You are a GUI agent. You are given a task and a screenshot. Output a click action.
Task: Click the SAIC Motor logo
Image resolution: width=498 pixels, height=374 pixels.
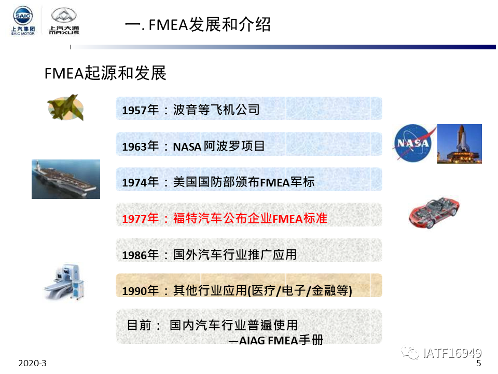click(x=23, y=20)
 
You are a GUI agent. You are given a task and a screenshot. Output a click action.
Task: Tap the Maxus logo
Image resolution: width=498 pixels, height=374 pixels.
click(x=64, y=21)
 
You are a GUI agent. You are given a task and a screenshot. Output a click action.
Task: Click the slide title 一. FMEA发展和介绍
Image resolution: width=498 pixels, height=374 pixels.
click(x=198, y=24)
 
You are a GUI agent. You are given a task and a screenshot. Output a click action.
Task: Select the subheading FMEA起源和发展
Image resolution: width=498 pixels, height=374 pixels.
click(x=105, y=73)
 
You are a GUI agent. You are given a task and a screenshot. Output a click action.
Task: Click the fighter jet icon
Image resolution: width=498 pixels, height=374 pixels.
click(x=66, y=108)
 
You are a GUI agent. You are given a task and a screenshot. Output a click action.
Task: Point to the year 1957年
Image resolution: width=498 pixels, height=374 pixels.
click(x=141, y=110)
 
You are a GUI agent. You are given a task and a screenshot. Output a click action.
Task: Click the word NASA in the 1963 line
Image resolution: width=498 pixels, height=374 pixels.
click(x=187, y=146)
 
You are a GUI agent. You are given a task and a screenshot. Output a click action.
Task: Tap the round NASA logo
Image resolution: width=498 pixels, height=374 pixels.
click(x=414, y=143)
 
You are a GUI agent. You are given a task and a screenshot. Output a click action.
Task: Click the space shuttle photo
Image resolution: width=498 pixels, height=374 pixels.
click(x=459, y=144)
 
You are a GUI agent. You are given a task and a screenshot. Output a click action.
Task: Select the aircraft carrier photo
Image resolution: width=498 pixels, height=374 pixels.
click(x=66, y=179)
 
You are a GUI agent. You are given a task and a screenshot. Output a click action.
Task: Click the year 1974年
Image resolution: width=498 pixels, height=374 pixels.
click(x=141, y=182)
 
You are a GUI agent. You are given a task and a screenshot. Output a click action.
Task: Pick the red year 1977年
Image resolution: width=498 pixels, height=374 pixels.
click(x=141, y=219)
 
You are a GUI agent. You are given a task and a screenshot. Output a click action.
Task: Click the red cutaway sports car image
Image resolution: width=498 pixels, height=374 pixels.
click(x=434, y=212)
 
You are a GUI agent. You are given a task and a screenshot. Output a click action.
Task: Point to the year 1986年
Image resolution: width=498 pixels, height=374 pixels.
click(x=141, y=255)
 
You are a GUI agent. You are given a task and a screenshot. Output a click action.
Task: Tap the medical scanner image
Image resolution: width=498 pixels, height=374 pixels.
click(x=64, y=282)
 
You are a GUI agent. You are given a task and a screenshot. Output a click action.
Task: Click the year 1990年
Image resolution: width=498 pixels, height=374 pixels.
click(x=141, y=291)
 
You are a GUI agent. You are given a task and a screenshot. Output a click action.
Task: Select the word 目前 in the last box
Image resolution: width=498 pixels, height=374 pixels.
click(x=139, y=325)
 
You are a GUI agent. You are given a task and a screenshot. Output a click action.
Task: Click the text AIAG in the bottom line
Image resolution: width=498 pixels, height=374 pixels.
click(x=252, y=341)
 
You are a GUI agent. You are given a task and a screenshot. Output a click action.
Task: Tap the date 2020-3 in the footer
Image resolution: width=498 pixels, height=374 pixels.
click(x=32, y=363)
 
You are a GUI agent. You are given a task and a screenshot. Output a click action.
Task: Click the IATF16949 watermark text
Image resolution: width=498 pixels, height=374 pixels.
click(x=452, y=353)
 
